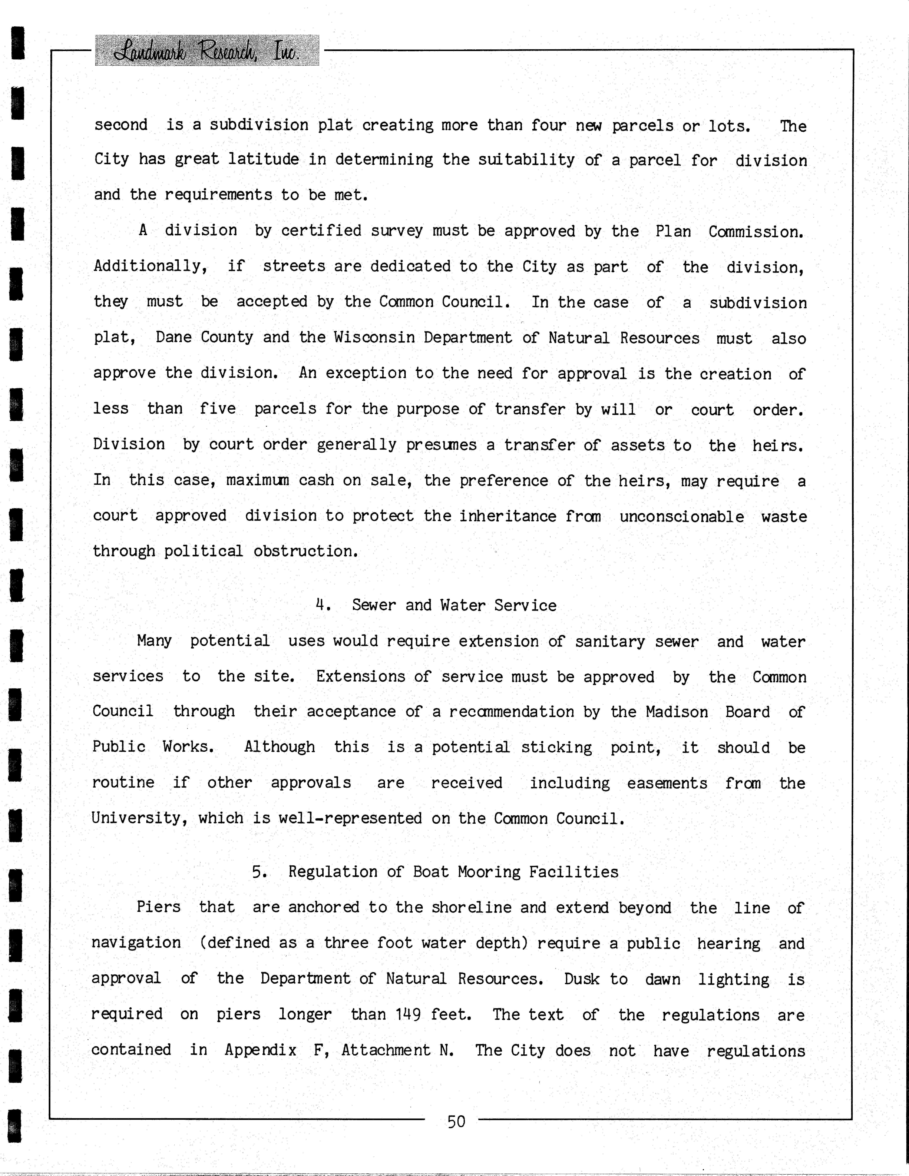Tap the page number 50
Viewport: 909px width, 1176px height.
[456, 1122]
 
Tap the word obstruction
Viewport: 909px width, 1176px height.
[306, 551]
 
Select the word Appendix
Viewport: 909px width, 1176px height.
[261, 1050]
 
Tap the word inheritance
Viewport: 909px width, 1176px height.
[508, 516]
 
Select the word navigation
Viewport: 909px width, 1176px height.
[136, 943]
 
